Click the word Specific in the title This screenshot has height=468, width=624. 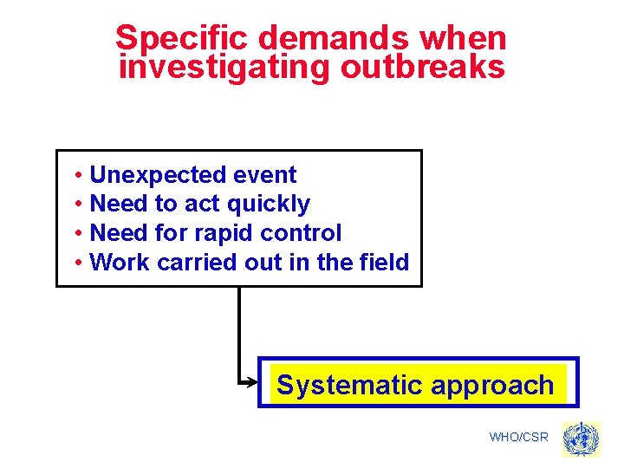(183, 38)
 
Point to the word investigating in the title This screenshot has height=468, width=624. (224, 66)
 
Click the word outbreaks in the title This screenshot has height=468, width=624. (421, 66)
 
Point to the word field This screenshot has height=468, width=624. (382, 262)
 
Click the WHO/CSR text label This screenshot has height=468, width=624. (518, 437)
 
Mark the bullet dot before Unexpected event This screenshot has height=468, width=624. (78, 176)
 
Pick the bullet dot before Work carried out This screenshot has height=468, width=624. (78, 263)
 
